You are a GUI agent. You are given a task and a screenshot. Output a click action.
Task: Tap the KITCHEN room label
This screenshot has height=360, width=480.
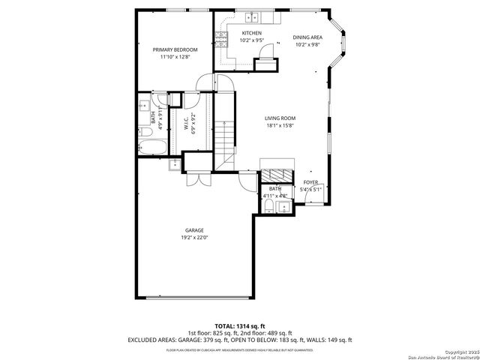[x=251, y=34]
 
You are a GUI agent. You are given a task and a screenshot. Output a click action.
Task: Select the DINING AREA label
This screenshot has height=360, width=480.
[x=307, y=37]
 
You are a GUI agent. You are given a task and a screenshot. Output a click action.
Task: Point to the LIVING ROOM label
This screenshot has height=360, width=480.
[x=280, y=118]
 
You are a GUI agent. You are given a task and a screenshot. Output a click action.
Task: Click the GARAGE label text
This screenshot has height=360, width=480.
[x=194, y=230]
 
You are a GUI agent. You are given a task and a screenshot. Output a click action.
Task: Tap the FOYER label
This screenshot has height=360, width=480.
[x=310, y=182]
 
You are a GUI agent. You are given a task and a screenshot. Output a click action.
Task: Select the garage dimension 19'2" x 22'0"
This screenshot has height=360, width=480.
[x=194, y=238]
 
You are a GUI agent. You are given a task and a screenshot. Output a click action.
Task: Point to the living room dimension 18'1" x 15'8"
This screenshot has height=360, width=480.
[x=280, y=125]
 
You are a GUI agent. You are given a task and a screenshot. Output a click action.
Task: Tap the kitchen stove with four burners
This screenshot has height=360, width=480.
[x=222, y=39]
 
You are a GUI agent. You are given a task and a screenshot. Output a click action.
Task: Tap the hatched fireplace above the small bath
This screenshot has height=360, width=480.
[x=271, y=166]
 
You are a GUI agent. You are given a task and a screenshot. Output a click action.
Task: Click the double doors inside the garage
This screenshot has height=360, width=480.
[x=197, y=180]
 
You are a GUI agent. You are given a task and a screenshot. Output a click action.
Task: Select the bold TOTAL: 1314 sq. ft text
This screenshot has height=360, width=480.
[x=239, y=325]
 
